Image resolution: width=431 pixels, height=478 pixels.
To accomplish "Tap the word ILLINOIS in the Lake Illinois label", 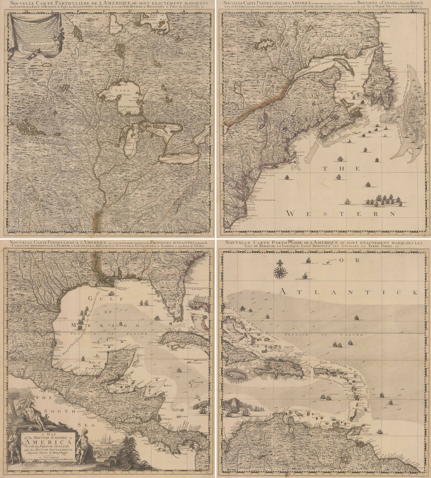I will (x=130, y=148).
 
